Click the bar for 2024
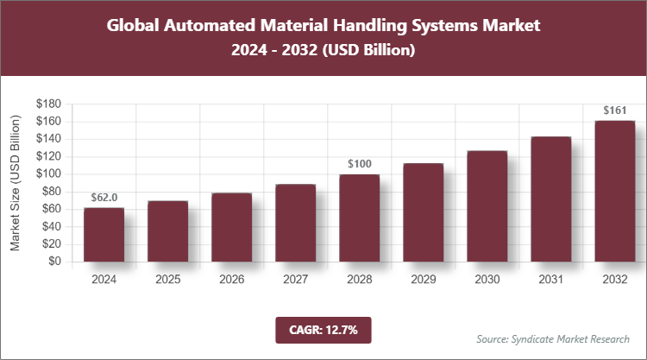pos(104,234)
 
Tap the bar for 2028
pos(359,218)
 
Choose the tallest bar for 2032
pos(614,191)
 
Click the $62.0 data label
pos(104,197)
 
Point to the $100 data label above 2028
pos(359,163)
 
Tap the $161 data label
pos(614,110)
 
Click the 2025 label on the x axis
pos(167,279)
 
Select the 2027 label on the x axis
pos(295,279)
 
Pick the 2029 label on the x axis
pos(423,279)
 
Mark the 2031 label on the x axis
pos(550,279)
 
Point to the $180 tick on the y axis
pos(48,104)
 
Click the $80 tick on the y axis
pos(51,191)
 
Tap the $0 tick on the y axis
pos(54,261)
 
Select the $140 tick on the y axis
pos(48,138)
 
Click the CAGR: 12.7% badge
pos(323,329)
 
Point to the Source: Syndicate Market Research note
pos(553,338)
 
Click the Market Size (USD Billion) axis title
pos(16,182)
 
